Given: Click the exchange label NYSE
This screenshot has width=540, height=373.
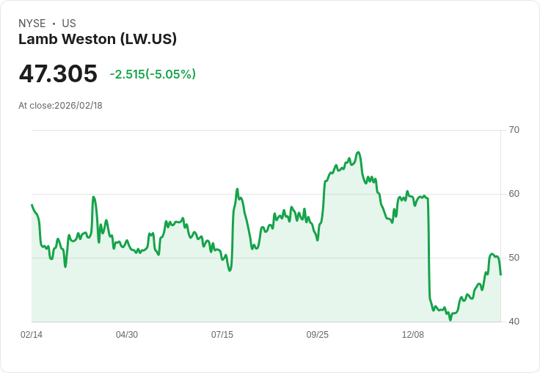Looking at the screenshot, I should [32, 23].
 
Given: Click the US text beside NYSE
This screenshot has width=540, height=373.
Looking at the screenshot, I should [69, 23].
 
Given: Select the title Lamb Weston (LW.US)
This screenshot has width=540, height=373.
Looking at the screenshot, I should [98, 40].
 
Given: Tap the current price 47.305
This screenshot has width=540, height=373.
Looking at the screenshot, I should [58, 74].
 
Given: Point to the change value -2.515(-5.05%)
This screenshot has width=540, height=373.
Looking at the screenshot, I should [153, 74].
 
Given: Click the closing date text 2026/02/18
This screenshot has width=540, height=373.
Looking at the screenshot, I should [79, 106].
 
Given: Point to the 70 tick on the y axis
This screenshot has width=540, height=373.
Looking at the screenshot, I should [514, 130].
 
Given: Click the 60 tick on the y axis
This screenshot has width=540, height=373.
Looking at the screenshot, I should [514, 194].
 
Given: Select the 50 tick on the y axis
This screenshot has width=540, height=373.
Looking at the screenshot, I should [514, 258].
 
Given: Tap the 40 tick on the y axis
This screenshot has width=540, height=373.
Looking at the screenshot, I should [514, 322].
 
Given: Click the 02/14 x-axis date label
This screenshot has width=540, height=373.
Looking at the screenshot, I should [32, 335].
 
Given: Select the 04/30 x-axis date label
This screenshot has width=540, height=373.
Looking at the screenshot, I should [127, 335].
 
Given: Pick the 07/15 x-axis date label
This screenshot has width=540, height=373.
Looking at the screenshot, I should [222, 335].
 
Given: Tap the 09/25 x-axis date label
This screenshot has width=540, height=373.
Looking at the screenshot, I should [318, 335].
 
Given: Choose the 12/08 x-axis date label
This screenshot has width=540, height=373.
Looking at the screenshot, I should [413, 335].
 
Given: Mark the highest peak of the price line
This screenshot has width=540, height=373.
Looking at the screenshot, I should [358, 153].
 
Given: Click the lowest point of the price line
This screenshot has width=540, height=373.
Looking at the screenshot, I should [450, 319].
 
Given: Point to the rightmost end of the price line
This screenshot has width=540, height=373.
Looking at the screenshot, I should [500, 275].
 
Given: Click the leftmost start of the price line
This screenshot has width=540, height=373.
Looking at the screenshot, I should [32, 205].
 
